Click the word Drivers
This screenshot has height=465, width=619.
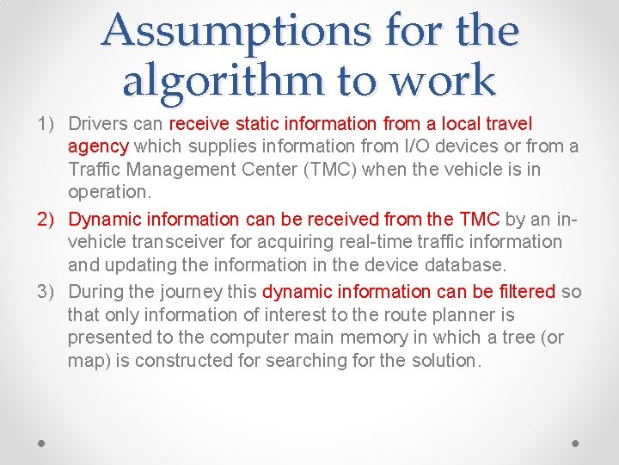click(95, 124)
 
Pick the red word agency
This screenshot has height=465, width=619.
click(98, 146)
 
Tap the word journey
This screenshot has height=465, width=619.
click(193, 292)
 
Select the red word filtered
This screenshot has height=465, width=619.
click(526, 292)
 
